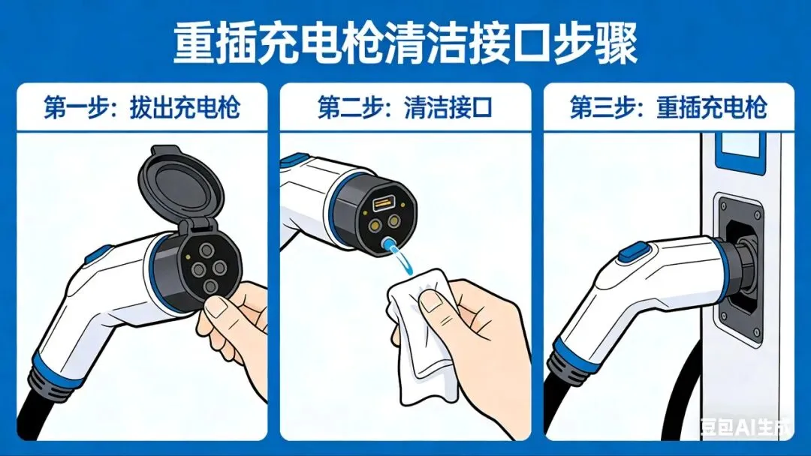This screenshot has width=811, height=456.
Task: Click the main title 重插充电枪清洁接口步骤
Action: (405, 43)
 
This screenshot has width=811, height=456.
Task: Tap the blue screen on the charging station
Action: (739, 151)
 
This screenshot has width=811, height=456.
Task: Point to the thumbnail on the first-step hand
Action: (216, 307)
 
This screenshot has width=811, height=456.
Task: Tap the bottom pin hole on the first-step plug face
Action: (210, 286)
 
